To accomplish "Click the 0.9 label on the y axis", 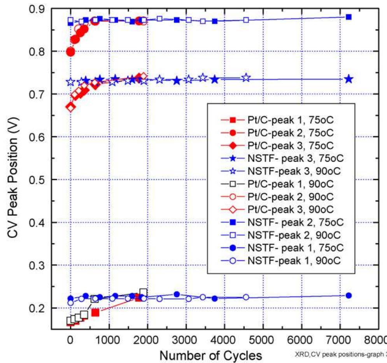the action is pyautogui.click(x=37, y=9).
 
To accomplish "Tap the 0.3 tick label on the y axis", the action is pyautogui.click(x=37, y=266).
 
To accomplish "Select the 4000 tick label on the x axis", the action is pyautogui.click(x=223, y=340).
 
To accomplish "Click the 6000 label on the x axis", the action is pyautogui.click(x=300, y=340).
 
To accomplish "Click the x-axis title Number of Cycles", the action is pyautogui.click(x=210, y=356).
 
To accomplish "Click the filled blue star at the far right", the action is pyautogui.click(x=348, y=79).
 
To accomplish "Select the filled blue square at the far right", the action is pyautogui.click(x=348, y=17).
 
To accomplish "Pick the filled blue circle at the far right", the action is pyautogui.click(x=348, y=296).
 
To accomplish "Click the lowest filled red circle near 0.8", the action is pyautogui.click(x=70, y=52).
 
